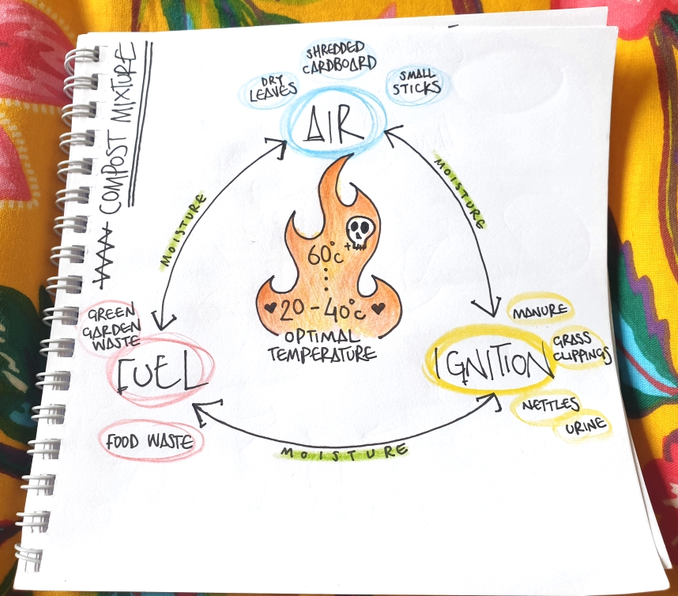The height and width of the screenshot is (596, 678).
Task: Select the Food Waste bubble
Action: [149, 441]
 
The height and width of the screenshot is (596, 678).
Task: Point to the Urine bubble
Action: [586, 428]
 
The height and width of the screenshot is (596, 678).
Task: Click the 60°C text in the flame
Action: [326, 257]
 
